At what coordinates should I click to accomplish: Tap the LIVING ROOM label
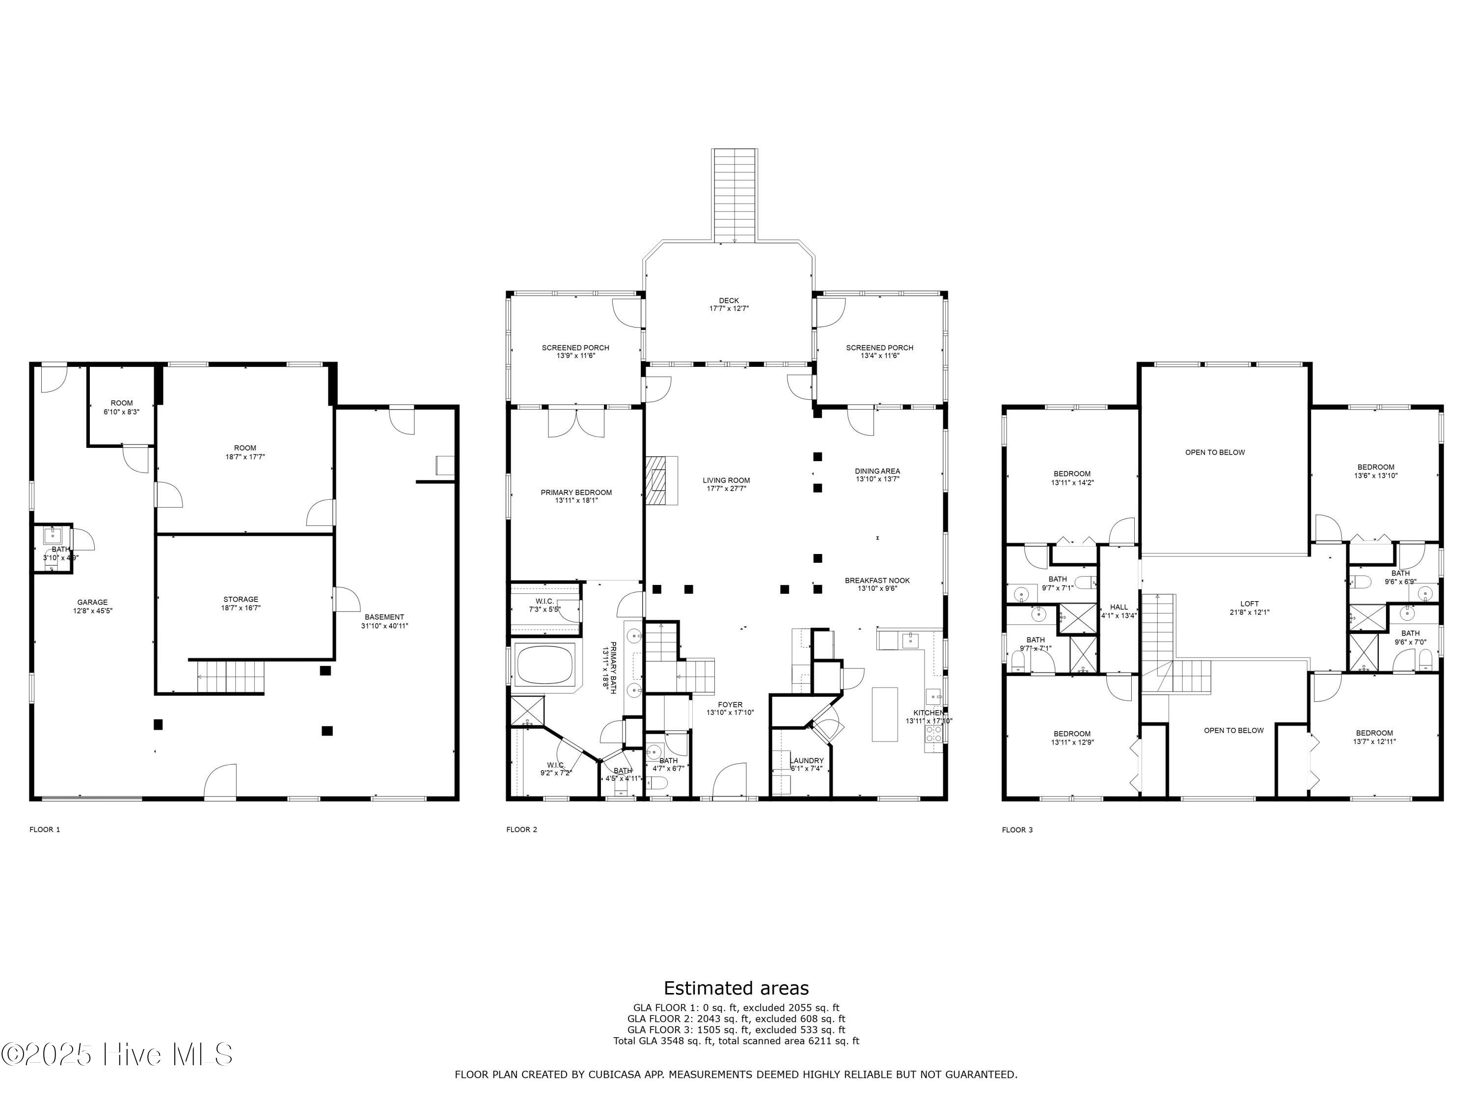point(726,484)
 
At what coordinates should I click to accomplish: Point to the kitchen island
point(884,714)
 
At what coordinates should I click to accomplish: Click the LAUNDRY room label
point(806,764)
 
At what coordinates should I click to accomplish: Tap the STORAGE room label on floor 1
point(241,603)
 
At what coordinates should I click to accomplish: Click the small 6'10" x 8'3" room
point(121,407)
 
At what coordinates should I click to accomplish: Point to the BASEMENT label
point(384,621)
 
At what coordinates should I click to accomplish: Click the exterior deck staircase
point(735,194)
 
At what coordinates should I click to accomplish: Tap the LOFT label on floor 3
point(1249,608)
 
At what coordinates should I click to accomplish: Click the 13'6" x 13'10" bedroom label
point(1376,471)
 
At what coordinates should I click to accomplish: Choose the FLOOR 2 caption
point(521,829)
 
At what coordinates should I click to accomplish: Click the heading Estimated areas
point(736,988)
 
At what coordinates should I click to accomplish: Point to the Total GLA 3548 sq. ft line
point(736,1040)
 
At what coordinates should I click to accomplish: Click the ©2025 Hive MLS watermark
point(117,1054)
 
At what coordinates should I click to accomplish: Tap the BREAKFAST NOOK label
point(877,584)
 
